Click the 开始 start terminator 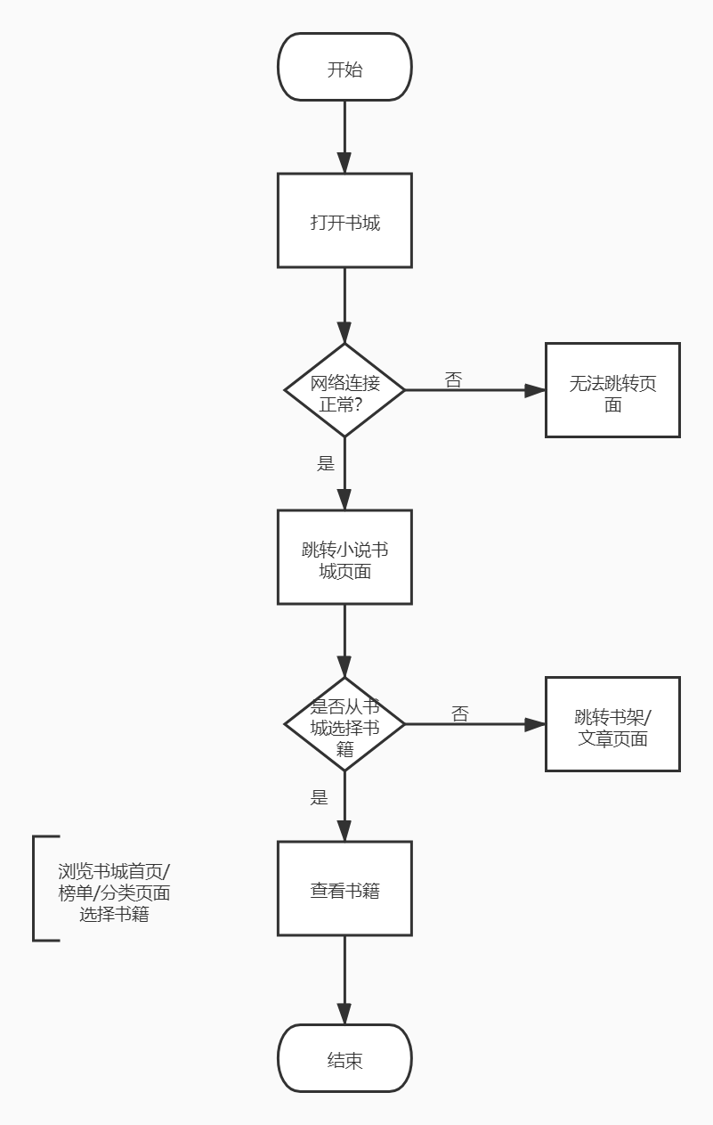pyautogui.click(x=344, y=68)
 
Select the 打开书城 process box pyautogui.click(x=344, y=221)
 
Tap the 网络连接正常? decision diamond pyautogui.click(x=344, y=390)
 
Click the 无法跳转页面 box pyautogui.click(x=612, y=390)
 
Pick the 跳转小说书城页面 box pyautogui.click(x=344, y=557)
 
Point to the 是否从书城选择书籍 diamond pyautogui.click(x=344, y=724)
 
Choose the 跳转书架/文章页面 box pyautogui.click(x=612, y=724)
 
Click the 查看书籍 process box pyautogui.click(x=344, y=889)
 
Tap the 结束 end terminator pyautogui.click(x=344, y=1059)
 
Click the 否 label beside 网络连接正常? pyautogui.click(x=453, y=379)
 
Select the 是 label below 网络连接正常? pyautogui.click(x=326, y=463)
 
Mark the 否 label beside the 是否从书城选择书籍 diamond pyautogui.click(x=459, y=713)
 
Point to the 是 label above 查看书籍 pyautogui.click(x=320, y=797)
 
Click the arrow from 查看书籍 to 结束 pyautogui.click(x=344, y=980)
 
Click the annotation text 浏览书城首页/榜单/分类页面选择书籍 pyautogui.click(x=114, y=891)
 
